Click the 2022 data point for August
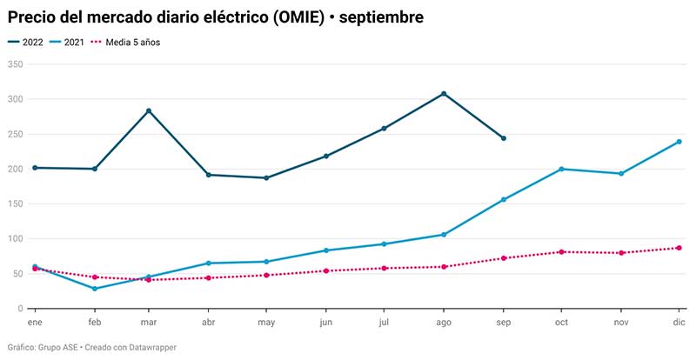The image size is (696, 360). [x=444, y=94]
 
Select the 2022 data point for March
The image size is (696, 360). [x=149, y=110]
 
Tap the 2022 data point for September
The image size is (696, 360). [x=503, y=138]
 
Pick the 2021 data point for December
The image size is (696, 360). [x=679, y=142]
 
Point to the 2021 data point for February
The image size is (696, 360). [x=94, y=289]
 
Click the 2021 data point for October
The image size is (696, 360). [x=561, y=169]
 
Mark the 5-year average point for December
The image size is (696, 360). [x=679, y=248]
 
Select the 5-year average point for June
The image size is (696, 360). [x=325, y=270]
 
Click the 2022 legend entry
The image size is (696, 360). [x=28, y=42]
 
